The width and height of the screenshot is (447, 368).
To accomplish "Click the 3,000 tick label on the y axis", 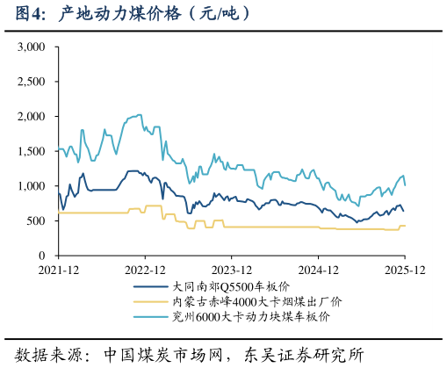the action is [x=32, y=47].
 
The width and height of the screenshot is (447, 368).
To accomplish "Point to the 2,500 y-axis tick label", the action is [x=32, y=82].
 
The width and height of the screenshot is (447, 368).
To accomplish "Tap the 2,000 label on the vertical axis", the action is [x=32, y=117].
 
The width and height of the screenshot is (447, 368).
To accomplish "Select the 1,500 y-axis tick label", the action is [x=32, y=151].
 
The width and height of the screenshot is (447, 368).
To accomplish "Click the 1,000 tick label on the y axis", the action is [x=32, y=186].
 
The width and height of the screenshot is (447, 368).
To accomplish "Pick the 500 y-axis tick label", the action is [x=36, y=220].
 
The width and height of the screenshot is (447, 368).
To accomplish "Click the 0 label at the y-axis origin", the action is [x=42, y=256].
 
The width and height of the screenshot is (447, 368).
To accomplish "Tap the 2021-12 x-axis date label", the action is [x=59, y=270].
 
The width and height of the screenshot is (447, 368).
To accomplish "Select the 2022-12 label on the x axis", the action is [x=145, y=270].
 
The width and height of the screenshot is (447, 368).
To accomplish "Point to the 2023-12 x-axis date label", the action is [x=232, y=270].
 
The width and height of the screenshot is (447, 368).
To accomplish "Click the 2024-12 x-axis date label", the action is [x=318, y=270].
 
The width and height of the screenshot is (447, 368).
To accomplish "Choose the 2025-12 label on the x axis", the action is [x=405, y=270].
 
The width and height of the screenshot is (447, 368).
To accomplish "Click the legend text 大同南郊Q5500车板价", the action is [x=231, y=286].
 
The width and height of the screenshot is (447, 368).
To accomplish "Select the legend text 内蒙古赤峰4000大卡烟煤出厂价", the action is [x=257, y=301].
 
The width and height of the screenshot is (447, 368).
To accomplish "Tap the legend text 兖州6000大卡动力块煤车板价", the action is [x=251, y=316].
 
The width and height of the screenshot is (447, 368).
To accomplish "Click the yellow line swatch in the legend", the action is [x=150, y=301].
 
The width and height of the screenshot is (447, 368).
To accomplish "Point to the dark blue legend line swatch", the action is [x=150, y=286].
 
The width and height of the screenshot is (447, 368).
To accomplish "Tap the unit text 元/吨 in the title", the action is [x=219, y=14].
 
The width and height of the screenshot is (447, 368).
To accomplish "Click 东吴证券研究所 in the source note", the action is [x=304, y=355].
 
